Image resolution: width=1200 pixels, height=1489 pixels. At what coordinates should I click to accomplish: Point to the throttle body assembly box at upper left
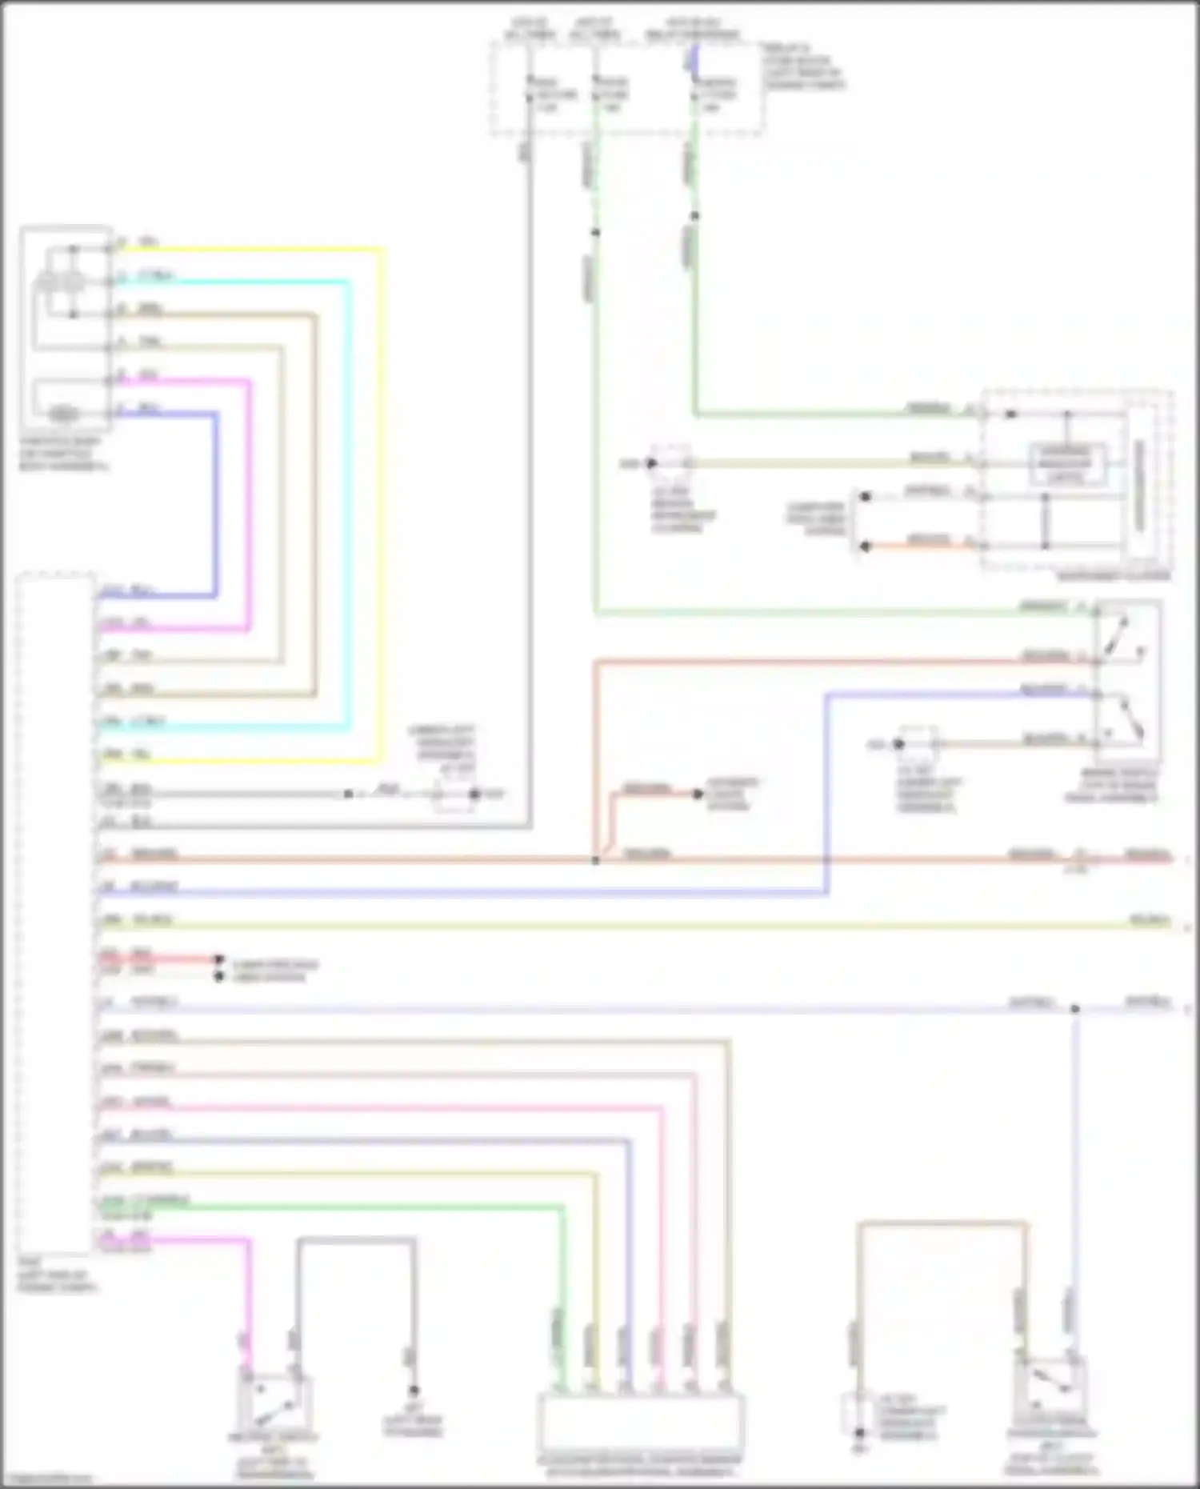tap(66, 328)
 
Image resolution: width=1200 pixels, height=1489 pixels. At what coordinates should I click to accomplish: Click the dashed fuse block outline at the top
tap(627, 88)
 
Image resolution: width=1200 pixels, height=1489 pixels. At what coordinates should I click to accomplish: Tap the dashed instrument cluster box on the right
tap(1076, 480)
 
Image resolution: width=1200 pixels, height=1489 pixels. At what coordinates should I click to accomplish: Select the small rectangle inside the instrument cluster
tap(1066, 463)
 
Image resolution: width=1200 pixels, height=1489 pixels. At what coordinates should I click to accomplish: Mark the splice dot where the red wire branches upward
tap(595, 860)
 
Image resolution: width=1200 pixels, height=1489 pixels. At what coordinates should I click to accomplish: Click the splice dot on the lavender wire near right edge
tap(1075, 1009)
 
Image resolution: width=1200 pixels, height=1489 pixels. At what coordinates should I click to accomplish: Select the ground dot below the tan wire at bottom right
tap(858, 1433)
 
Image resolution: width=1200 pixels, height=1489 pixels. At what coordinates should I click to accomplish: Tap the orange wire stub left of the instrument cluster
tap(920, 546)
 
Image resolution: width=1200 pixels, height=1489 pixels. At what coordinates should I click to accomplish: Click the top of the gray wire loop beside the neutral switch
tap(356, 1240)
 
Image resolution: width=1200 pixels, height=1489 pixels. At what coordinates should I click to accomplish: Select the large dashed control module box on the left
tap(54, 912)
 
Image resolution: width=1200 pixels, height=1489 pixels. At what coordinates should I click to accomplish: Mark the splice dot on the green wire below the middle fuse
tap(595, 233)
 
